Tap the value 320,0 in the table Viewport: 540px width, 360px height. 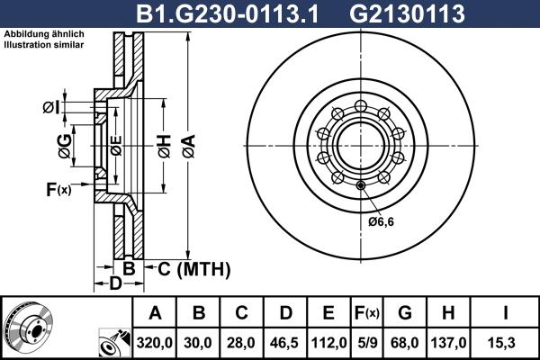coord(155,342)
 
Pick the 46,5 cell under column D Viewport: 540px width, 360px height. coord(284,342)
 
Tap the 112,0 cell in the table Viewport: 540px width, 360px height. coord(328,342)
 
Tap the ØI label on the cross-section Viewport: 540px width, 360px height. coord(50,108)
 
